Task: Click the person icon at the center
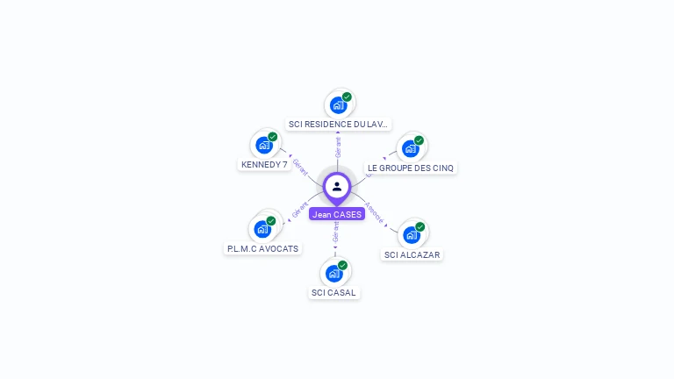[337, 186]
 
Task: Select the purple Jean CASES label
[337, 214]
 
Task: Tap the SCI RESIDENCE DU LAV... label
[339, 125]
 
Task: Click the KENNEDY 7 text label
[264, 165]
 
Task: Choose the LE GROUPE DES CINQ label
[411, 168]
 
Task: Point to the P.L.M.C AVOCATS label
[262, 248]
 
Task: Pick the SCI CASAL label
[333, 293]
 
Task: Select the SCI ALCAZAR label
[412, 255]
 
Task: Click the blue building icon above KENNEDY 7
[263, 146]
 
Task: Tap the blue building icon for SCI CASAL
[333, 274]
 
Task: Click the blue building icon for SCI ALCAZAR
[411, 235]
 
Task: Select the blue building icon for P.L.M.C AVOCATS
[262, 230]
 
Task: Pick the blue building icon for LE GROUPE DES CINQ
[410, 149]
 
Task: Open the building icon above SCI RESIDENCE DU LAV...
[338, 105]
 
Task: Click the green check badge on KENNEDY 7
[273, 137]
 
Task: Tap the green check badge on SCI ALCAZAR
[420, 226]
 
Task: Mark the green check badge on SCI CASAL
[343, 265]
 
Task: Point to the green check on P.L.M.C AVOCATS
[271, 221]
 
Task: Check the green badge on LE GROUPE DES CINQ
[419, 140]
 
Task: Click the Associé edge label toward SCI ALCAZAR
[374, 214]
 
